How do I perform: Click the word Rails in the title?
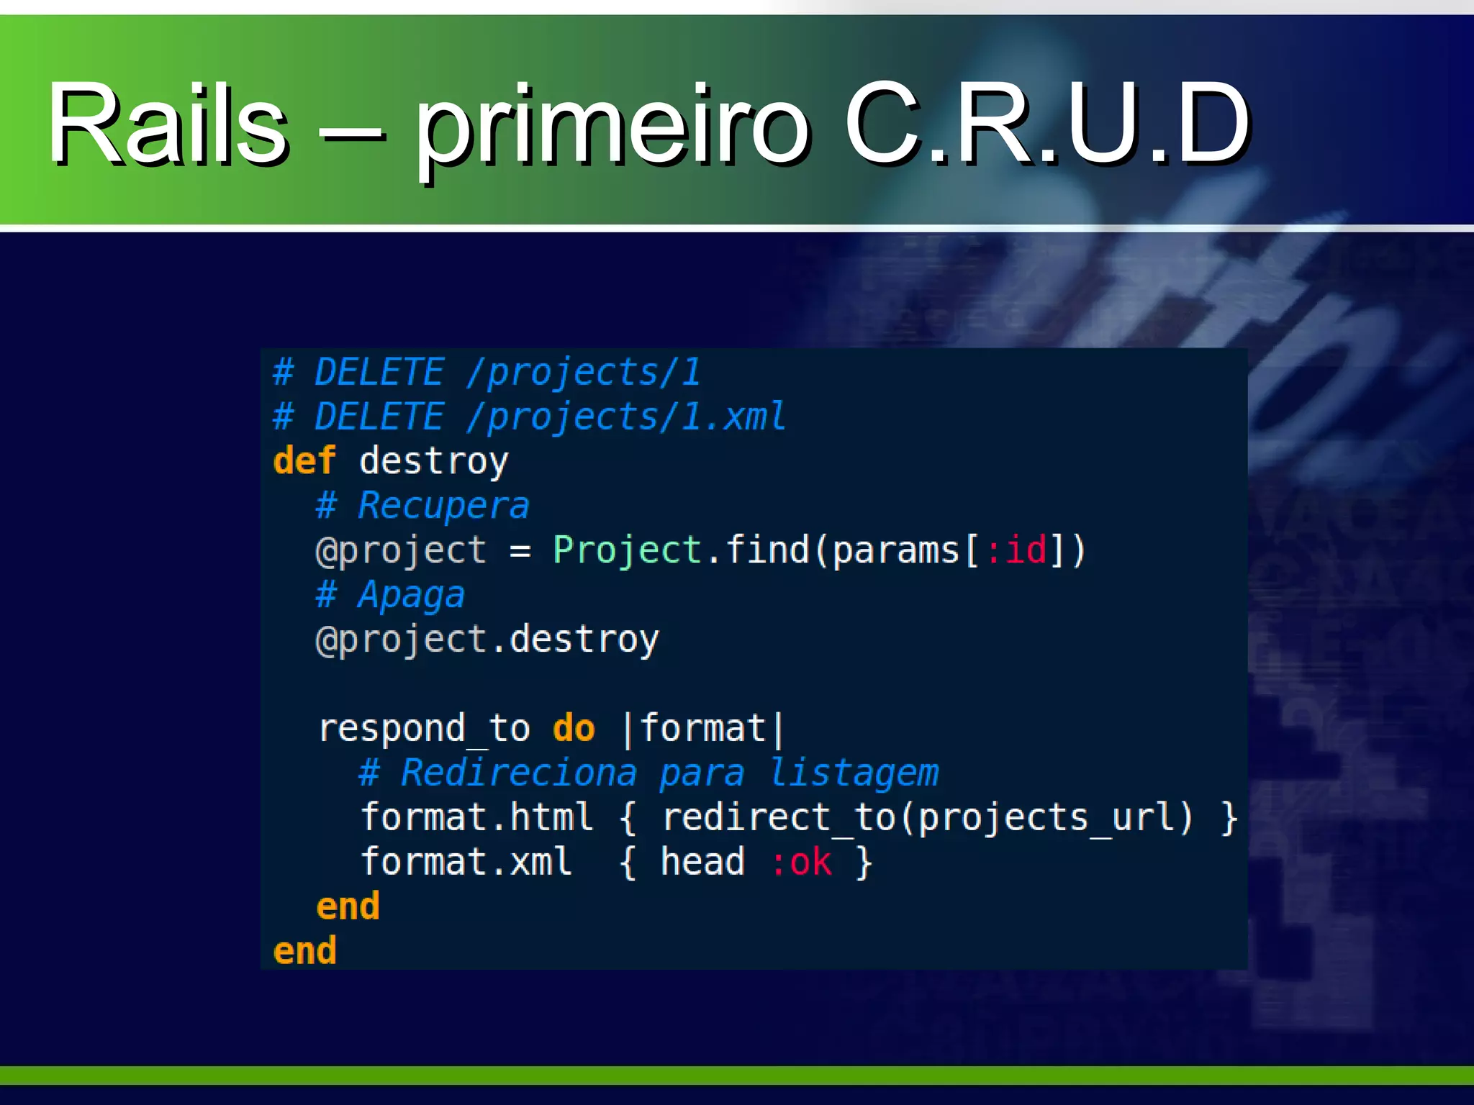tap(168, 124)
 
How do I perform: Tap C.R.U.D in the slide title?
tap(1046, 124)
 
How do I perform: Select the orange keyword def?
tap(304, 460)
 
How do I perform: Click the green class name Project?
tap(627, 550)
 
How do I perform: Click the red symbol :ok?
tap(801, 863)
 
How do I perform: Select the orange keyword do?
tap(574, 729)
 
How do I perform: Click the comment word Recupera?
tap(443, 506)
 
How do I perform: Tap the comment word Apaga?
tap(412, 596)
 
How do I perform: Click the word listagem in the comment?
tap(854, 773)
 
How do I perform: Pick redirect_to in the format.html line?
tap(777, 818)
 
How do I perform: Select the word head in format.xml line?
tap(702, 863)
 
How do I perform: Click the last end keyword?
tap(304, 951)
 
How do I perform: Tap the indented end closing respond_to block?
tap(348, 906)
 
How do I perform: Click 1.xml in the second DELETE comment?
tap(733, 417)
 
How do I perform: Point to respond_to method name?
tap(425, 729)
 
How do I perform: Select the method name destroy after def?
tap(433, 461)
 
